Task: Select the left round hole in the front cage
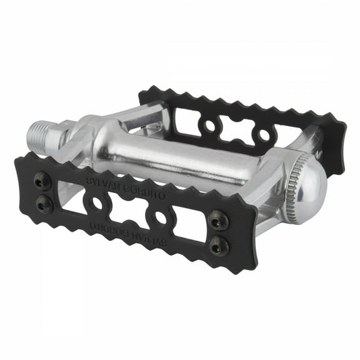97,204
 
